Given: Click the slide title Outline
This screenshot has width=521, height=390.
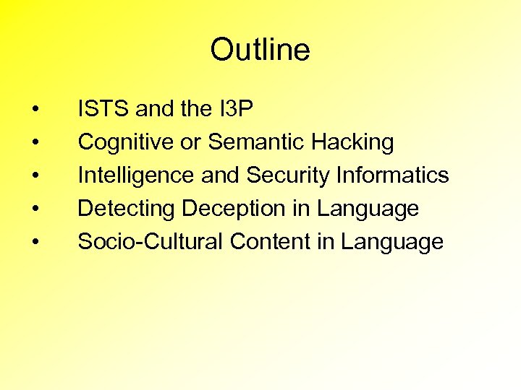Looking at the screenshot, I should point(260,50).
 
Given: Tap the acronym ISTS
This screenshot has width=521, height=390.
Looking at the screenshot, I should point(103,109).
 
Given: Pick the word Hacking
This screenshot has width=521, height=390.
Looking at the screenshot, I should point(352,142).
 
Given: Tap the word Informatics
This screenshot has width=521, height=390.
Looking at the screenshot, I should point(394,175).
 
